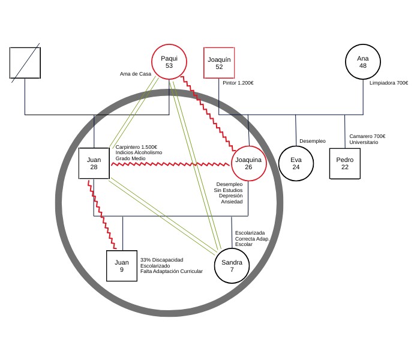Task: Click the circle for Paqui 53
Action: click(169, 62)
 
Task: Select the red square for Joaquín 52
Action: click(219, 62)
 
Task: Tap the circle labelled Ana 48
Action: click(362, 62)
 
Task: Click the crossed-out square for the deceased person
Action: click(25, 62)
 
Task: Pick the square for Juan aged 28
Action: click(94, 163)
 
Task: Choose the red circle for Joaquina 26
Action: click(248, 163)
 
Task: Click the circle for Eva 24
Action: click(296, 163)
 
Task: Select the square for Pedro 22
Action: click(344, 163)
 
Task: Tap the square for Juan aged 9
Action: click(122, 266)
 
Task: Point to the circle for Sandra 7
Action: click(232, 266)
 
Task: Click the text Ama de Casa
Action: click(136, 74)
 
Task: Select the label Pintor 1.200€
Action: click(238, 83)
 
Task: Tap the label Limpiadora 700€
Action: click(389, 83)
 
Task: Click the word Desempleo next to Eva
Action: click(312, 141)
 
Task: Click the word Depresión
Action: click(230, 196)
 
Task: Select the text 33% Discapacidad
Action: click(161, 260)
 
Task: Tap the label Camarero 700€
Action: click(367, 136)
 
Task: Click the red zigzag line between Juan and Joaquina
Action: click(171, 163)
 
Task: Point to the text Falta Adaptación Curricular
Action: click(171, 271)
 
